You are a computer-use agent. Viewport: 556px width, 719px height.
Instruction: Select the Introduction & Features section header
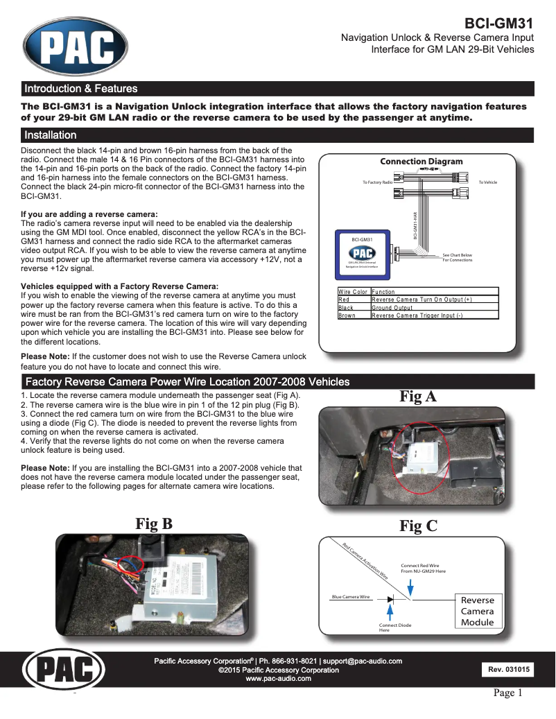point(81,89)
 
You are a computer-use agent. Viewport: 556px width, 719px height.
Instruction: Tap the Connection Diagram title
point(421,162)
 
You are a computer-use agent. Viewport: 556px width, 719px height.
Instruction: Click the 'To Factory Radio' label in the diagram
point(377,182)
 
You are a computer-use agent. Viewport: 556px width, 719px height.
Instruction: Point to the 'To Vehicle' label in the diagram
point(487,182)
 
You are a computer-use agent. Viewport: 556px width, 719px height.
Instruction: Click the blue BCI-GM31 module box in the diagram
point(365,254)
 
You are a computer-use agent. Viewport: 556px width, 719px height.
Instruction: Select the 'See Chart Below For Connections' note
point(457,257)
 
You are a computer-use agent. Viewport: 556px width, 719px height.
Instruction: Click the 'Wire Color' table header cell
point(353,291)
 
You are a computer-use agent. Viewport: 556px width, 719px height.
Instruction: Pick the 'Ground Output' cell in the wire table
point(392,307)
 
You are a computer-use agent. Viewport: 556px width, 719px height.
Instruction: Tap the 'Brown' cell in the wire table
point(347,315)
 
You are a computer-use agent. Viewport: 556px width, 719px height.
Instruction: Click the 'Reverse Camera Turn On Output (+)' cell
point(422,300)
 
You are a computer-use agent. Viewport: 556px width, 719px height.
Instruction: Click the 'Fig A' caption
point(418,397)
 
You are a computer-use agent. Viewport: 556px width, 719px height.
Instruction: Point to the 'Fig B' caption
point(154,524)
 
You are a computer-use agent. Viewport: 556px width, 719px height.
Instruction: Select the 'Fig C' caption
point(418,526)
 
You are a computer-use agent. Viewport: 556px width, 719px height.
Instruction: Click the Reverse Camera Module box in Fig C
point(477,611)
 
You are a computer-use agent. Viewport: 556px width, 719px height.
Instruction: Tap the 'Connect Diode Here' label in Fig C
point(394,628)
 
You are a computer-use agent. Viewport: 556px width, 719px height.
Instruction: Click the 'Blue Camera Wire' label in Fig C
point(350,597)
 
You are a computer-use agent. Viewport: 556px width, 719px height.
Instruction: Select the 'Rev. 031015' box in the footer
point(509,670)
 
